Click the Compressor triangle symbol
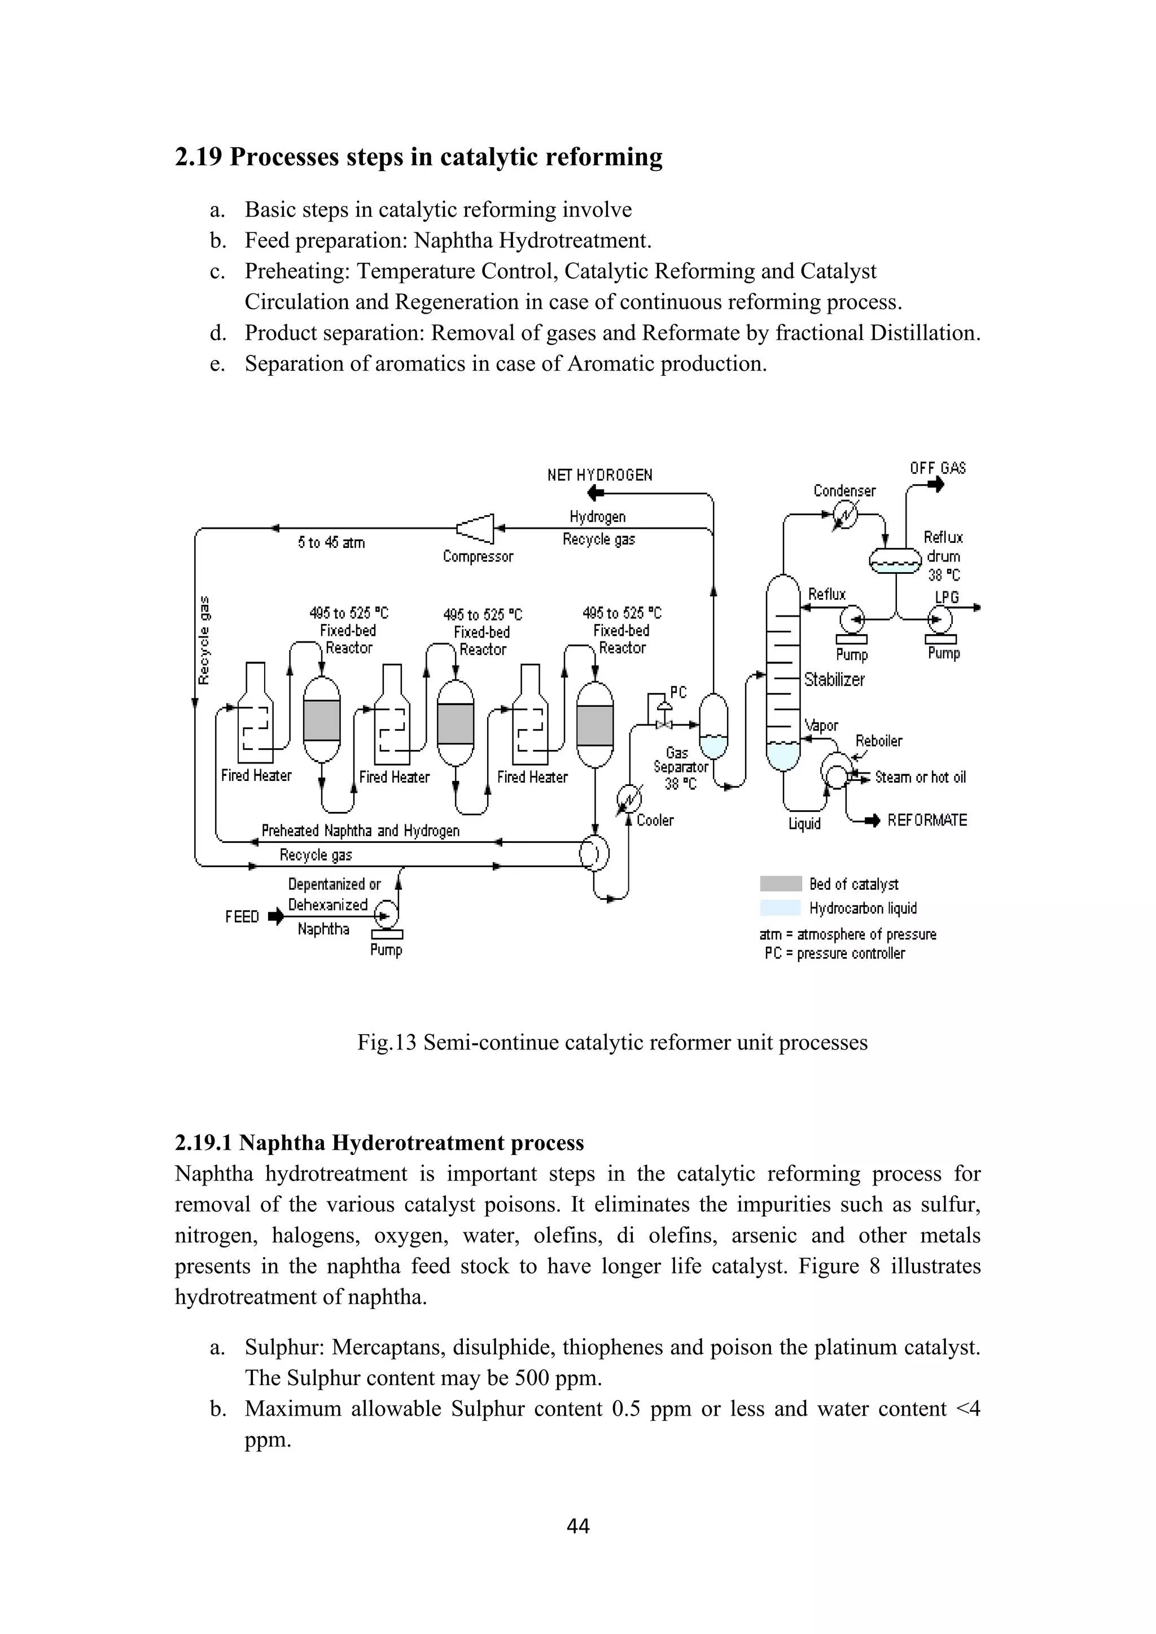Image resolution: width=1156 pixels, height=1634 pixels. (x=475, y=528)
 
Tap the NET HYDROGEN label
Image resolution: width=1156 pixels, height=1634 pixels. (x=599, y=475)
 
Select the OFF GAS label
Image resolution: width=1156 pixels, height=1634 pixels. (x=938, y=468)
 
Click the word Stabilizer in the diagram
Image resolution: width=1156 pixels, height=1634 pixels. (x=834, y=680)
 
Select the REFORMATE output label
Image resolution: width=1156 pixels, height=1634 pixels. (x=927, y=820)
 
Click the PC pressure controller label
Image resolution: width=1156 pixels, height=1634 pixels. (x=678, y=692)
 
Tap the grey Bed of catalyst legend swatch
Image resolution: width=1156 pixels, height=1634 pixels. (x=780, y=884)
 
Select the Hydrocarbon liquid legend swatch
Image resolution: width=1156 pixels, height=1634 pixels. (x=780, y=908)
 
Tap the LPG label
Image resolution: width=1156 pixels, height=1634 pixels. (x=947, y=596)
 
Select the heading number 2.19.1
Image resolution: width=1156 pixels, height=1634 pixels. (x=204, y=1143)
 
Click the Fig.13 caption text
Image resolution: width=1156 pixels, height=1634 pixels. (x=612, y=1043)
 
